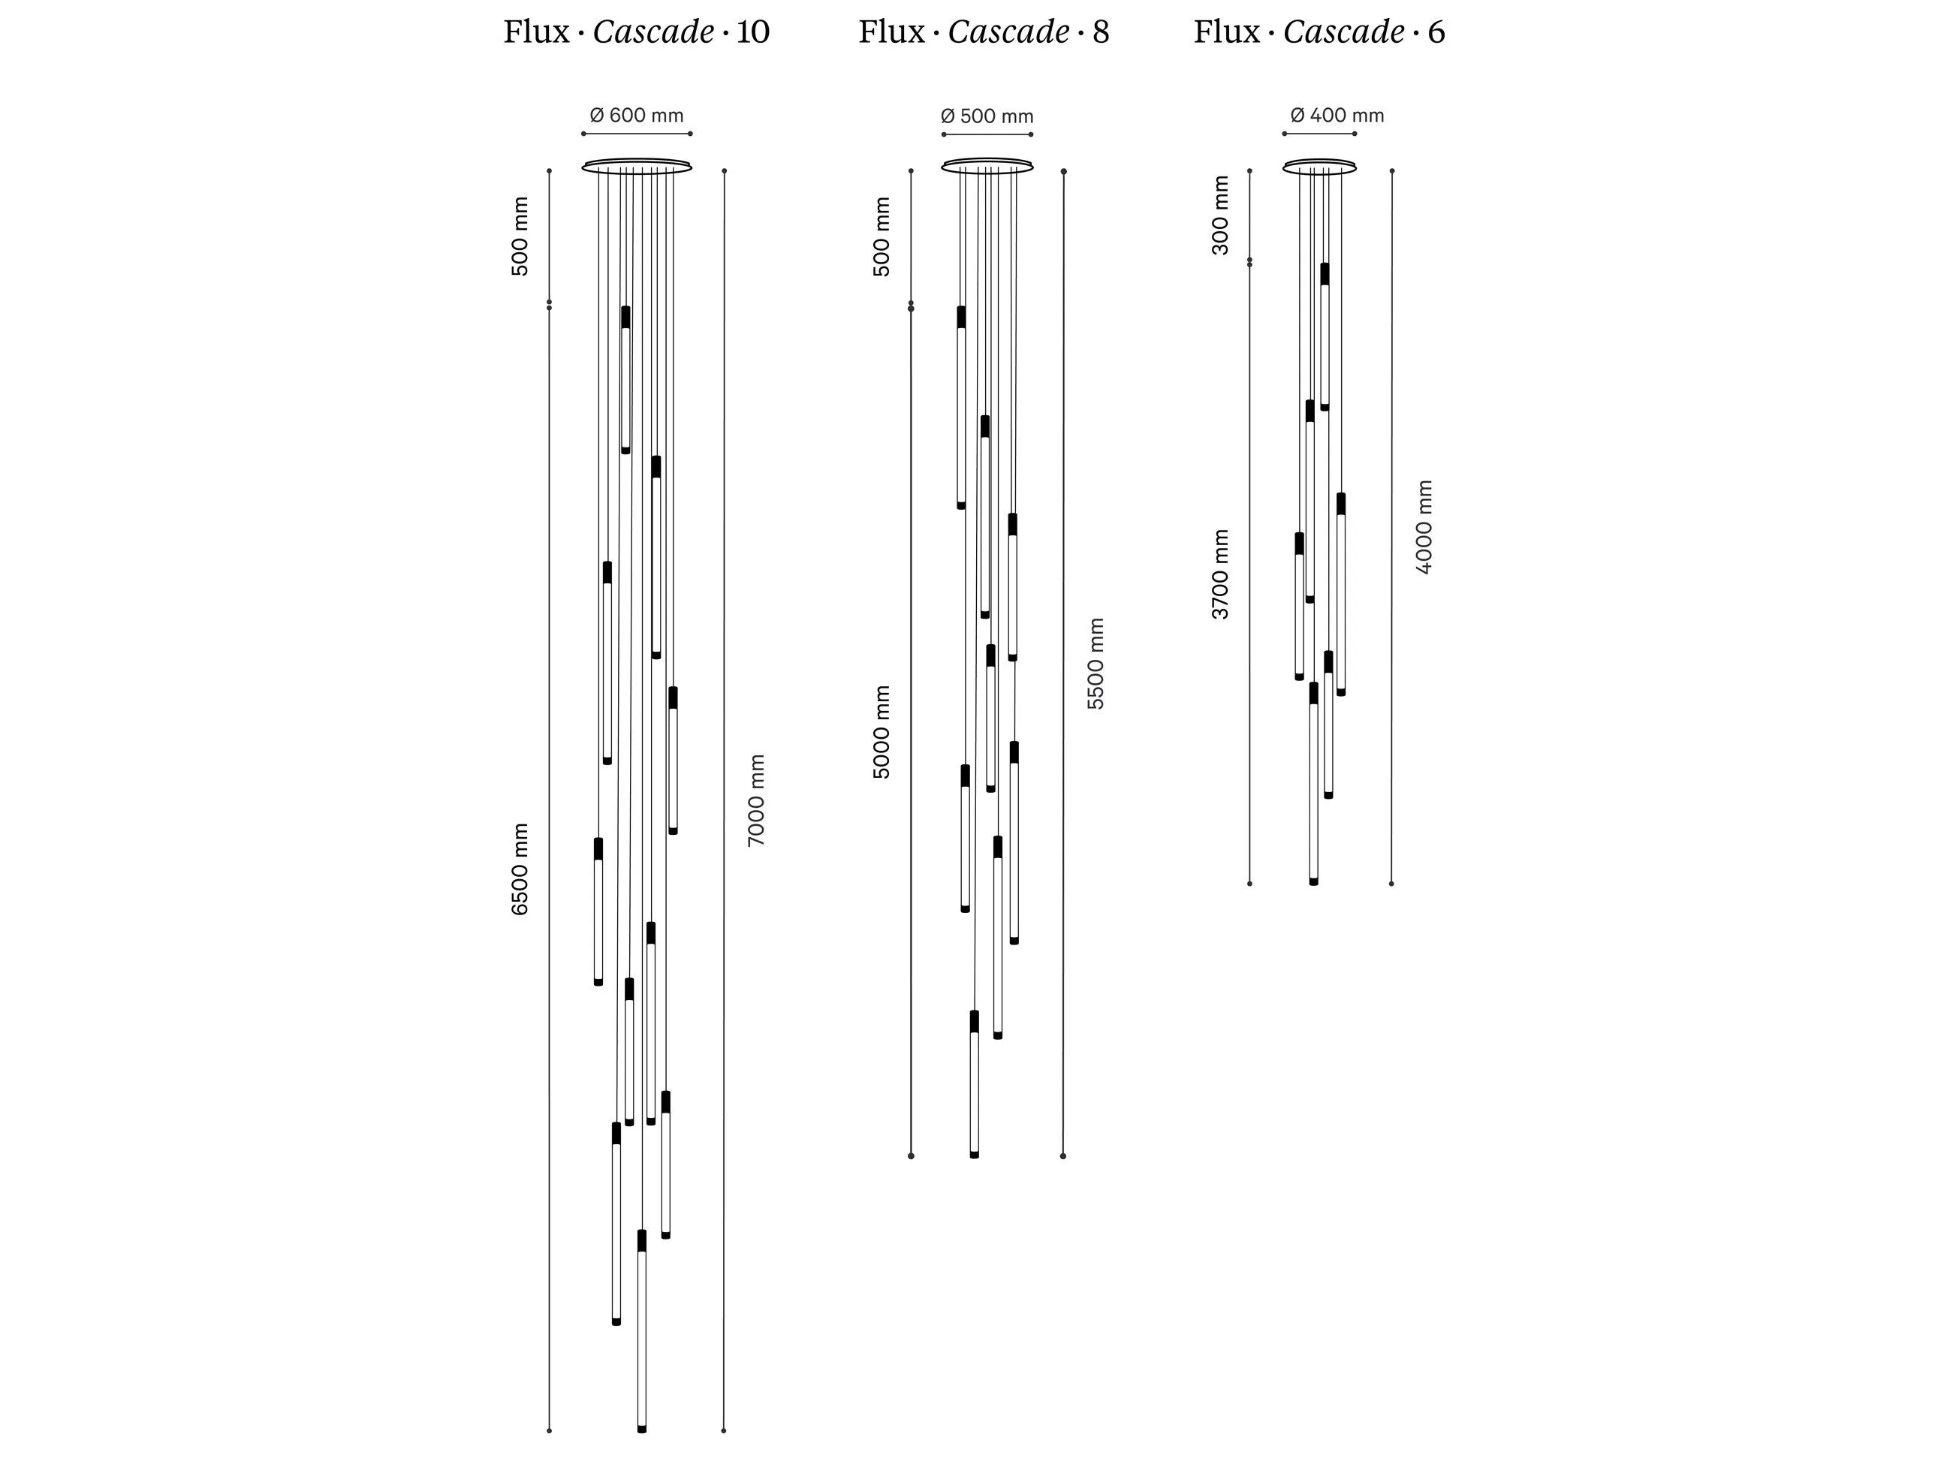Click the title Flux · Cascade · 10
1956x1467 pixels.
coord(637,32)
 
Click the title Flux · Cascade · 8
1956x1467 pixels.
coord(984,32)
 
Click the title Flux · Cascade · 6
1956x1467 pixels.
coord(1319,32)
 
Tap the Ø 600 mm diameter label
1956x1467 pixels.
coord(637,115)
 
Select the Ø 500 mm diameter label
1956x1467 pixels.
coord(987,116)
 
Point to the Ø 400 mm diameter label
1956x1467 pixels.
coord(1337,115)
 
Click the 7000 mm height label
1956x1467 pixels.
coord(756,800)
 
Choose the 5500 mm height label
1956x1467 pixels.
coord(1096,663)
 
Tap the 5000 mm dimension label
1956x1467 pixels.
coord(882,732)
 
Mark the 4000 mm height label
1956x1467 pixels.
coord(1424,527)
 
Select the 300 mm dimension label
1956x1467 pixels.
coord(1220,215)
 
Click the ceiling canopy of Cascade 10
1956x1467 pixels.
coord(637,166)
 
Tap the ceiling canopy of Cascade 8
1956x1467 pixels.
coord(987,166)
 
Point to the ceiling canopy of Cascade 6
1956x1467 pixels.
coord(1319,166)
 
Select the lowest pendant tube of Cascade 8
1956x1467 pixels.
coord(975,1084)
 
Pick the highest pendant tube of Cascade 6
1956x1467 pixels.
coord(1325,336)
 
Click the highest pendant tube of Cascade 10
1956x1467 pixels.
coord(626,380)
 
